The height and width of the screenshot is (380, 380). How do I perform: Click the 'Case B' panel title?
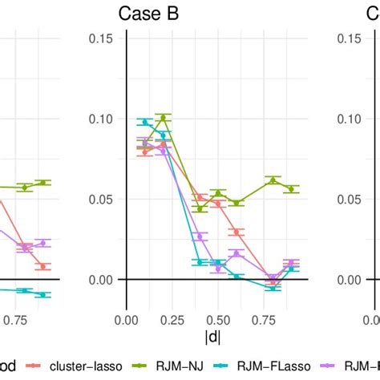148,14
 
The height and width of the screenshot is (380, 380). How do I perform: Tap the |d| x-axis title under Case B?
212,338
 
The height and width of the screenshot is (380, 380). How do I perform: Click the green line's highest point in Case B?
163,118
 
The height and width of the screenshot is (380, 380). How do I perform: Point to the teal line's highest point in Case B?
145,122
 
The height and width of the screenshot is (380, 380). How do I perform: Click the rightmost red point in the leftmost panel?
43,265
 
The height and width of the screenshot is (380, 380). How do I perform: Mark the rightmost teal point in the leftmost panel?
43,295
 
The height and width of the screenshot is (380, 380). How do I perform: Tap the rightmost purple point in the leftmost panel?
43,243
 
